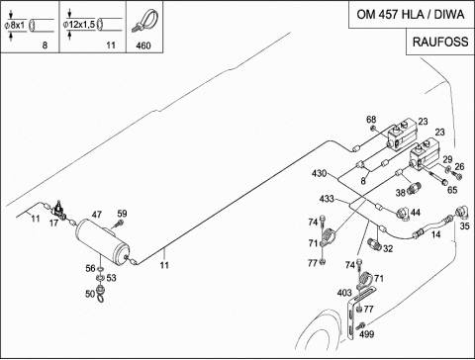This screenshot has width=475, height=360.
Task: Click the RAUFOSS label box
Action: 440,42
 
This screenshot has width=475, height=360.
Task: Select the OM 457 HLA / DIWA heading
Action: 411,15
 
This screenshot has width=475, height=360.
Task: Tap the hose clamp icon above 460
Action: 144,21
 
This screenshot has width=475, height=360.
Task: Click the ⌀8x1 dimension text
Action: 15,25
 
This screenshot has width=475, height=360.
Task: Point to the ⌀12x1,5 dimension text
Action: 79,24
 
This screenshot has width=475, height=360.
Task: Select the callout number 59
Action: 122,214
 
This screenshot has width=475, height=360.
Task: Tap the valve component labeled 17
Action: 59,210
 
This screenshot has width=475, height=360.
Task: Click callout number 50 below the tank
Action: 90,294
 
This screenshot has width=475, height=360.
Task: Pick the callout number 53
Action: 111,278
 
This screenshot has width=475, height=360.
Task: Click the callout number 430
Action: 319,173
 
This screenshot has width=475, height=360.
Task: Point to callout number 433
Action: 327,199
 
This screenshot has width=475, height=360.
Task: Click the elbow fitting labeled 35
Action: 462,212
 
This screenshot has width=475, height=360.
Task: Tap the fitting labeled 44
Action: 403,214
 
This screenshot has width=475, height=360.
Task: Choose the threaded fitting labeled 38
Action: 413,188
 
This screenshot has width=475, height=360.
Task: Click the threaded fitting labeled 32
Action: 374,244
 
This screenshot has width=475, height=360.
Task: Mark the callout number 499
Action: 366,334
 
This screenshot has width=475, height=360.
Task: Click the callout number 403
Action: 344,293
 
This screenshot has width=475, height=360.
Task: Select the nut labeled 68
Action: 373,128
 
